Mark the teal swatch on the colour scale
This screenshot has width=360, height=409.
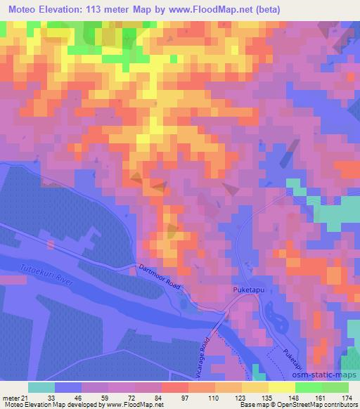pos(41,387)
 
